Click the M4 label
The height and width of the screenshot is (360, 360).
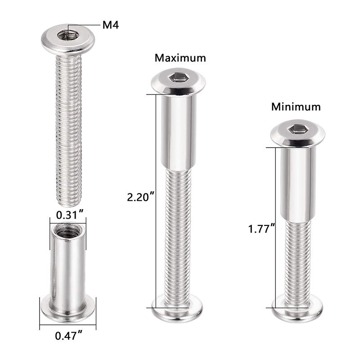click(110, 25)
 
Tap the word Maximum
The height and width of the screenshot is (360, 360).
click(180, 58)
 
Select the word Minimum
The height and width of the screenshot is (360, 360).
click(296, 107)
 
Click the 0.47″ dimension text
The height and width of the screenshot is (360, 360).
click(68, 335)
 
